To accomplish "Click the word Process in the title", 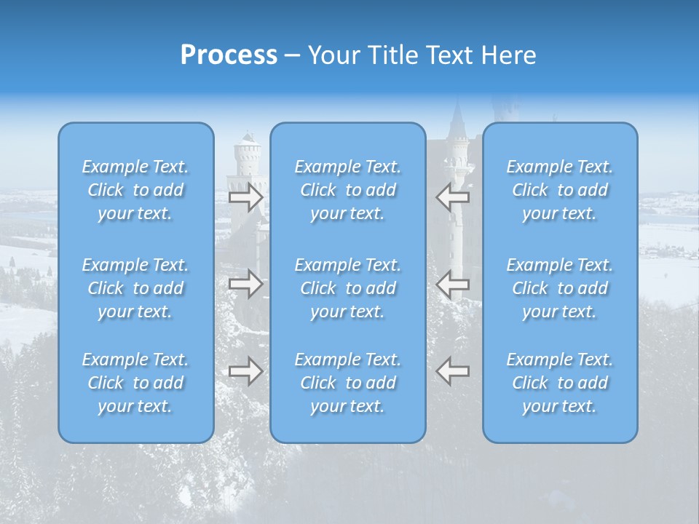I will click(229, 55).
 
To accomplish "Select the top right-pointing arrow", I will click(245, 197).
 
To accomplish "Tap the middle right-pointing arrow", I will click(245, 284).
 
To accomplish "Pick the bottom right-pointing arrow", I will click(245, 371).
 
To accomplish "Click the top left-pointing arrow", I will click(453, 197).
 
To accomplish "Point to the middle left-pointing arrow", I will click(453, 284).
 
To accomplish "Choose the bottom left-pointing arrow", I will click(453, 371).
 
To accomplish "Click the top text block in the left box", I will click(135, 190).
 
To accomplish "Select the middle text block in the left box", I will click(135, 288).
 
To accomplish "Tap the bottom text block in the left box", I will click(135, 383).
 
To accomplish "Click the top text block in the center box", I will click(348, 190).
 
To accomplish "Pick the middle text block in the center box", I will click(348, 288).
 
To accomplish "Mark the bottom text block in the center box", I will click(348, 383).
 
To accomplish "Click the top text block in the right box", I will click(560, 190).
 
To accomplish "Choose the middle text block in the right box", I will click(560, 288).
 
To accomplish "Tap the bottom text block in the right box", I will click(560, 383).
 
